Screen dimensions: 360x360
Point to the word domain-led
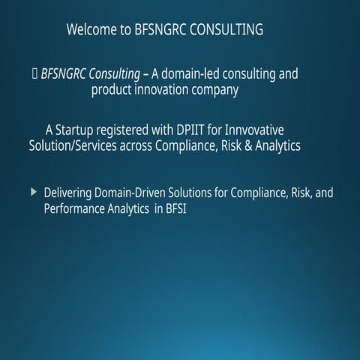(195, 73)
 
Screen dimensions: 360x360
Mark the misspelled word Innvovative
(252, 130)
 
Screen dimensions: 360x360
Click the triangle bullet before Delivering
(34, 193)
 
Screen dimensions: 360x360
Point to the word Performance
(76, 209)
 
